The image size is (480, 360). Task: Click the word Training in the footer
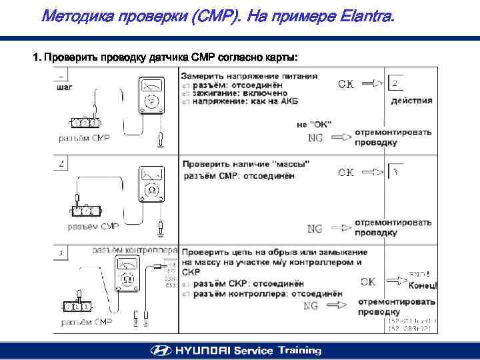coord(297,351)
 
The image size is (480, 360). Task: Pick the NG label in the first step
coord(315,138)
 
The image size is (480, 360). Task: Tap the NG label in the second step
coord(315,229)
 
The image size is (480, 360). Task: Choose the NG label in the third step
coord(311,306)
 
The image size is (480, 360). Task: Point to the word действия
coord(411,101)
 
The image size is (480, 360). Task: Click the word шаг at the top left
coord(65,87)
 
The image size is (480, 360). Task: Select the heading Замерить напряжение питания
coord(249,75)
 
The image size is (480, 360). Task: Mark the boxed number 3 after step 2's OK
coord(395,172)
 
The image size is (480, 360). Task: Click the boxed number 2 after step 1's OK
coord(395,83)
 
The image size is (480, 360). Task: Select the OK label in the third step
coord(367,281)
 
